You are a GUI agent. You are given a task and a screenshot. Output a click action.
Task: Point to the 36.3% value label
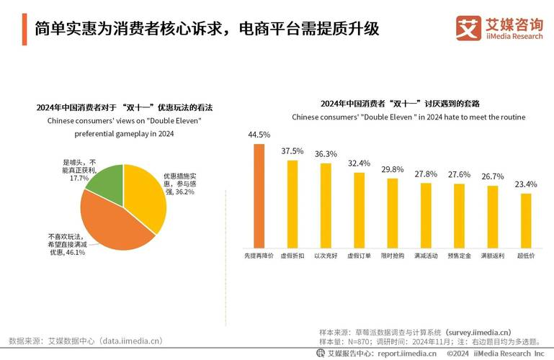click(x=326, y=153)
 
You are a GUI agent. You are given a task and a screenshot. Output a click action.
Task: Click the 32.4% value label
click(x=359, y=163)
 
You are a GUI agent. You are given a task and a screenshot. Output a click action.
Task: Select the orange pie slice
click(x=108, y=223)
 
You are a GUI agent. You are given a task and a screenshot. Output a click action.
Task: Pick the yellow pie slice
click(x=148, y=194)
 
